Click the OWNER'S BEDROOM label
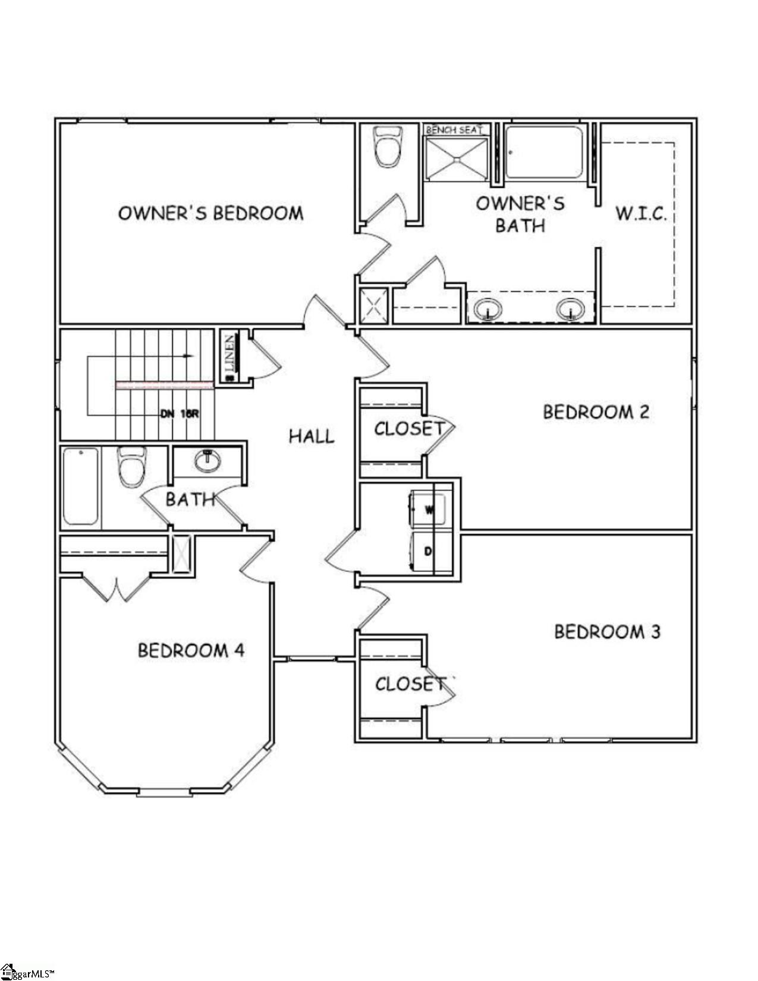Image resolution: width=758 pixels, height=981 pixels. tap(211, 213)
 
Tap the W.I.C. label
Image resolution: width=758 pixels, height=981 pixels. tap(640, 213)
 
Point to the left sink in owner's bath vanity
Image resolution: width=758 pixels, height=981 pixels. tap(488, 309)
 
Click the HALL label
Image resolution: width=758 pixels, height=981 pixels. tap(312, 436)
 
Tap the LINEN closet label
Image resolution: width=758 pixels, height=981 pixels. tap(230, 357)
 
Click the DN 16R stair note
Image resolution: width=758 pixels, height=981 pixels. tap(178, 414)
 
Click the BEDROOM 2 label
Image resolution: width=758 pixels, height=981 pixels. tap(596, 412)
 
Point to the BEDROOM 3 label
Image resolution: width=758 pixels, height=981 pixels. tap(607, 631)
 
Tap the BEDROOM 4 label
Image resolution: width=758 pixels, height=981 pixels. tap(191, 650)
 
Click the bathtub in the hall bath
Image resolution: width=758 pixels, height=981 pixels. tap(81, 486)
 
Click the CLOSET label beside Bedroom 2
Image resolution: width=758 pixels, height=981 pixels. tap(408, 428)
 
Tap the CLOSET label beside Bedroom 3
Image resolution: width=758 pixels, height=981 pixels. tap(410, 684)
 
